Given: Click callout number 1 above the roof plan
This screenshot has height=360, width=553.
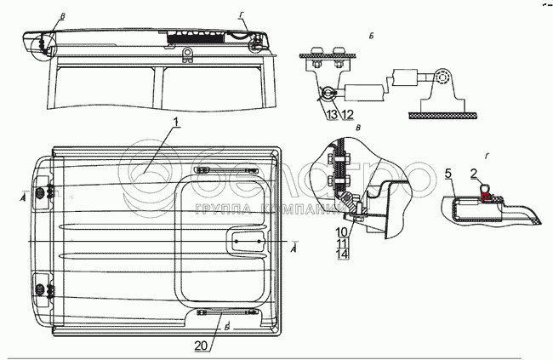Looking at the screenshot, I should (x=174, y=124).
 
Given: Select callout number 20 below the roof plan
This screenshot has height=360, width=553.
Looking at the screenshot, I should (x=200, y=345).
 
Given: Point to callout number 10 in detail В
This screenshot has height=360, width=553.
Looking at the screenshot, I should (x=340, y=231).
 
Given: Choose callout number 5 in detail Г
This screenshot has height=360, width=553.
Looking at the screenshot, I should (x=448, y=174).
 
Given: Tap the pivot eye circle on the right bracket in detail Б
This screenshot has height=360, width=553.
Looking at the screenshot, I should (x=442, y=79).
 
